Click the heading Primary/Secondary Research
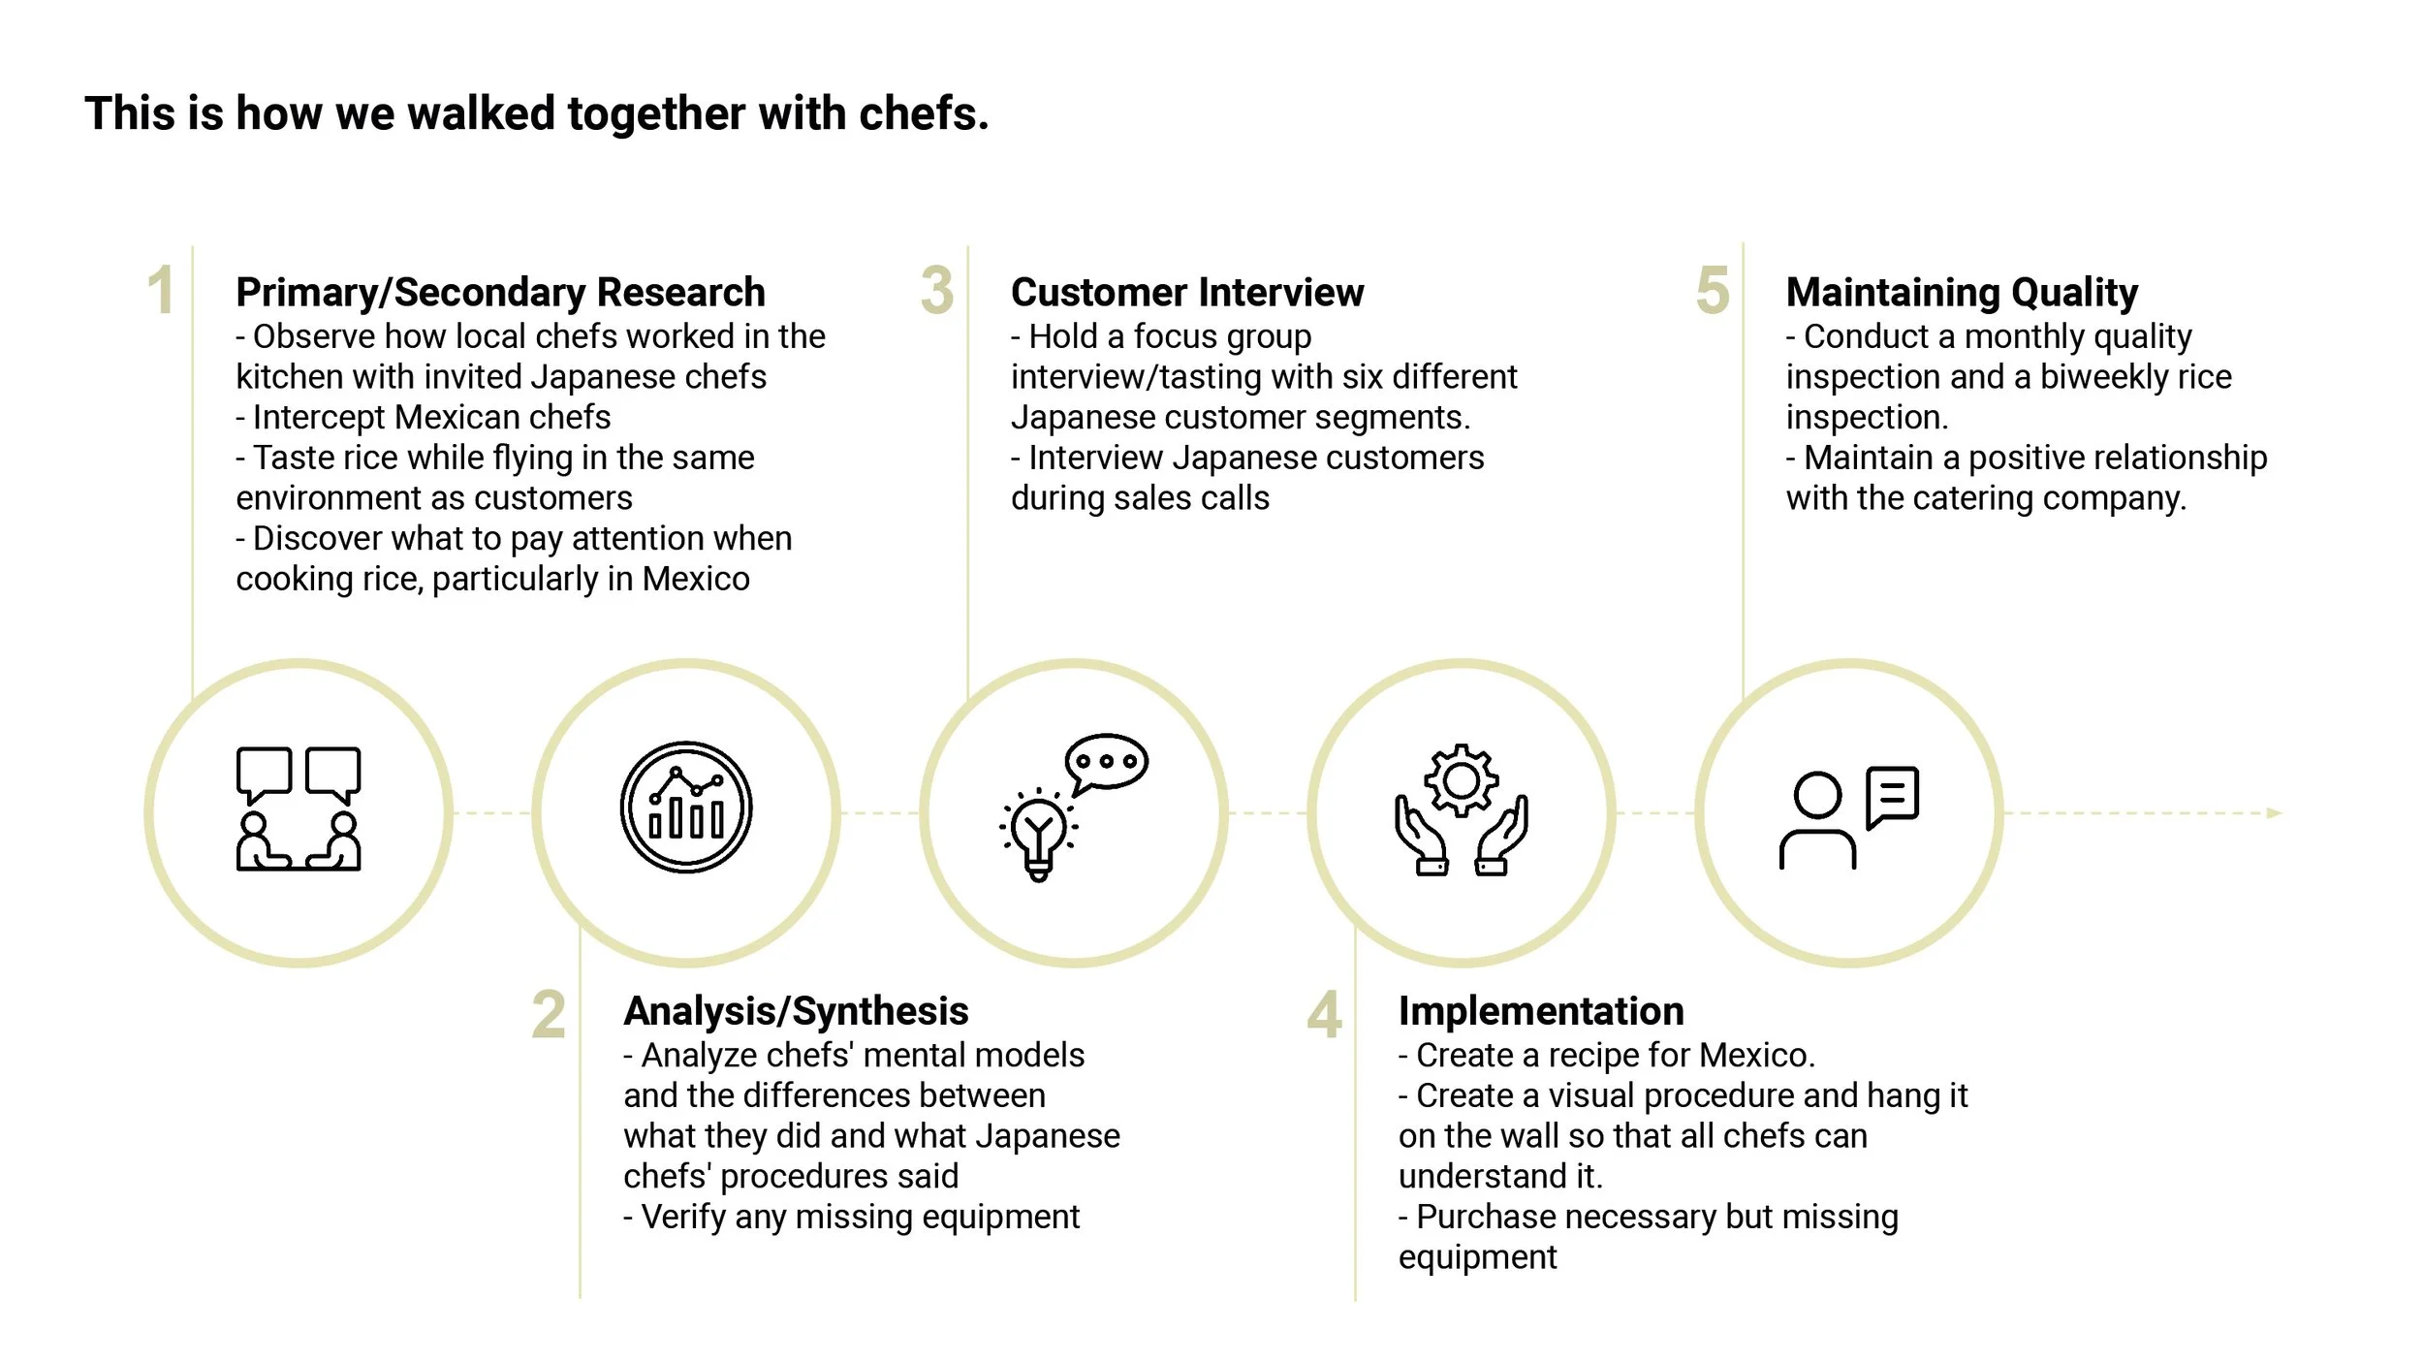(500, 292)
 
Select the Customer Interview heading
(1186, 292)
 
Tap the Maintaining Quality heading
(1961, 292)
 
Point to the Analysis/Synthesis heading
(796, 1011)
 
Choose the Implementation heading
(1540, 1011)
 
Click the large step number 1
(161, 291)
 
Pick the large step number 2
(549, 1015)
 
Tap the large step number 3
(936, 291)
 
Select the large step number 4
(1324, 1015)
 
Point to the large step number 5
(1712, 291)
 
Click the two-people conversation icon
(299, 809)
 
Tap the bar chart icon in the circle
(686, 808)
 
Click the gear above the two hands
(1461, 780)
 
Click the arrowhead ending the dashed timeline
(2274, 813)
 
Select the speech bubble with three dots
(1106, 762)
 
